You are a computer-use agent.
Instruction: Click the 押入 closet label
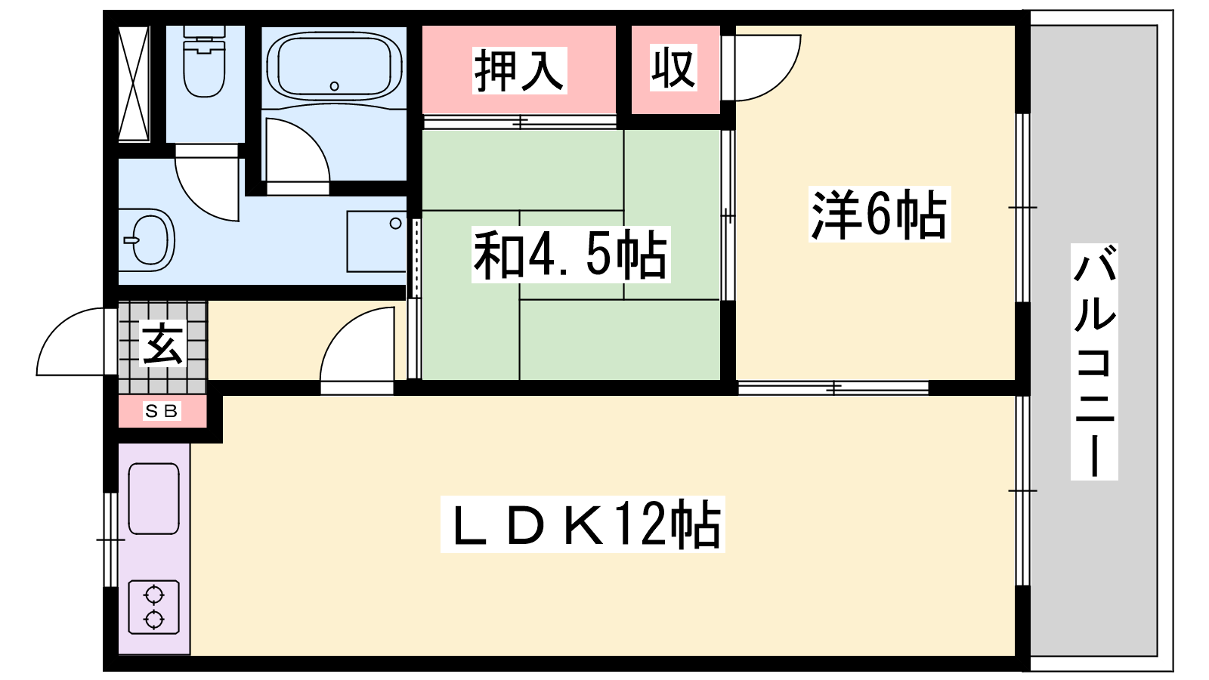pos(519,70)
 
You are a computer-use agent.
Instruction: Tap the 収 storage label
pos(673,68)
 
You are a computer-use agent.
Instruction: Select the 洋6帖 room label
pos(879,215)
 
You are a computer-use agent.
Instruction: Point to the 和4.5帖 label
pos(570,255)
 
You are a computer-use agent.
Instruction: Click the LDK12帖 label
pos(583,524)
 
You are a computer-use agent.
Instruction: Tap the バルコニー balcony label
pos(1094,362)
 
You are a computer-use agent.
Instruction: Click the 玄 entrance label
pos(162,344)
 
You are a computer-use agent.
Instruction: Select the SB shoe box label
pos(162,411)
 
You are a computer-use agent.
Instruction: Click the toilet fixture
pos(204,61)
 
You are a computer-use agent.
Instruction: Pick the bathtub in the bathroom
pos(334,66)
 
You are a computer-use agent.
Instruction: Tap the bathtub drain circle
pos(334,86)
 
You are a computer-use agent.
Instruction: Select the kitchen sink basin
pos(154,499)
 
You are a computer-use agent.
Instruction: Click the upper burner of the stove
pos(154,596)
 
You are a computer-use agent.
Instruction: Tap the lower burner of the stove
pos(154,620)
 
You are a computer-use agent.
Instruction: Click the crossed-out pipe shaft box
pos(133,84)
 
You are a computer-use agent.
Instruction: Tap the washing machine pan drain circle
pos(396,223)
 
